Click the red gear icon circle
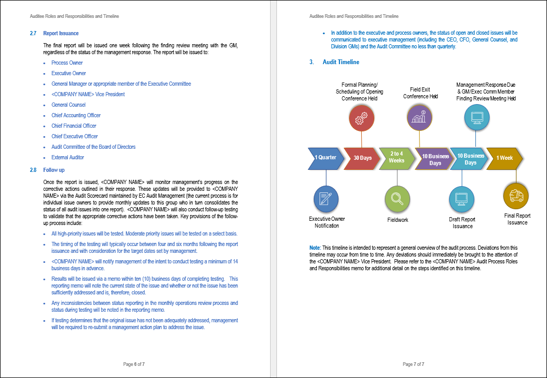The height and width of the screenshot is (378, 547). point(361,119)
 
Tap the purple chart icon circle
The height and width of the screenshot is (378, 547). point(419,117)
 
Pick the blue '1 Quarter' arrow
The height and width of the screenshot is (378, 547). point(325,158)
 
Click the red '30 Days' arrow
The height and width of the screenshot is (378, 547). point(362,158)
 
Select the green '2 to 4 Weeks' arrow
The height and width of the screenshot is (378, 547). point(396,157)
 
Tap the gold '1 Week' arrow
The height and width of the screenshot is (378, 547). point(505,158)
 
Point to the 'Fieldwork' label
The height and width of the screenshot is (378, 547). point(397,220)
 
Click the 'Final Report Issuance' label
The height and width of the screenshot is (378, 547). point(517,219)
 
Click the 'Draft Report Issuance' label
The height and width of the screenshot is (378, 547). point(462,222)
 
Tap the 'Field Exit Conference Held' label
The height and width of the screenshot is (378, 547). point(420,93)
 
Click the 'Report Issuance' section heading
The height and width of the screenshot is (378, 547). point(61,34)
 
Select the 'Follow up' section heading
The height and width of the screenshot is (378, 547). point(54,170)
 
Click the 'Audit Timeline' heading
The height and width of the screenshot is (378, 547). point(341,62)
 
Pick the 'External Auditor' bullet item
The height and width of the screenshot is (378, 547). point(67,157)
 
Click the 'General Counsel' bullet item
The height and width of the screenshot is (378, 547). point(68,105)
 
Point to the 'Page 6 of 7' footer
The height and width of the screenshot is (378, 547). point(134,364)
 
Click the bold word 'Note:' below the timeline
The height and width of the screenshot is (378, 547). point(315,247)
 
